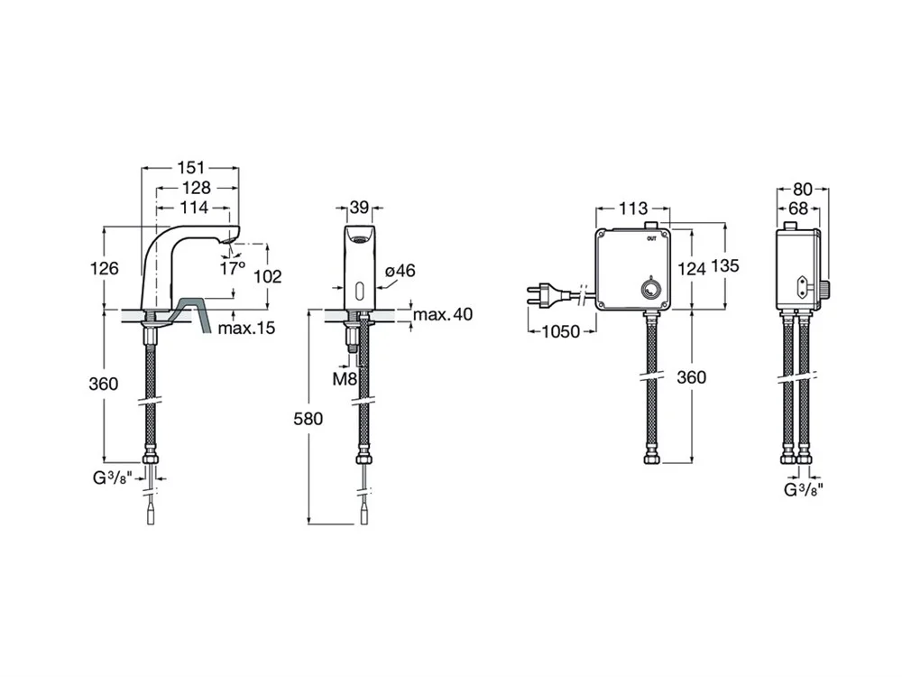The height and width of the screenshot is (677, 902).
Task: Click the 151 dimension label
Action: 190,167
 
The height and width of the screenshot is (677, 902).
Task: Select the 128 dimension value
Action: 195,188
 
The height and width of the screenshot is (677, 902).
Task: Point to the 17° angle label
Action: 232,268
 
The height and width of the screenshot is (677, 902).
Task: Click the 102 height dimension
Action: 268,276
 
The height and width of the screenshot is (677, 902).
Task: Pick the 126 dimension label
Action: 106,268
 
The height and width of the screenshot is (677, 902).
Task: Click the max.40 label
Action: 441,314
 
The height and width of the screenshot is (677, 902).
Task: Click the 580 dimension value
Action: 308,418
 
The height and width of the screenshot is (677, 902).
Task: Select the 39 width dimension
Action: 359,208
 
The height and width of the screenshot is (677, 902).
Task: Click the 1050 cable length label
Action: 560,331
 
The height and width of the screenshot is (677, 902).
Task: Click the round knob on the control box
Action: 649,290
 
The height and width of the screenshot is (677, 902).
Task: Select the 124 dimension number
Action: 692,268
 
